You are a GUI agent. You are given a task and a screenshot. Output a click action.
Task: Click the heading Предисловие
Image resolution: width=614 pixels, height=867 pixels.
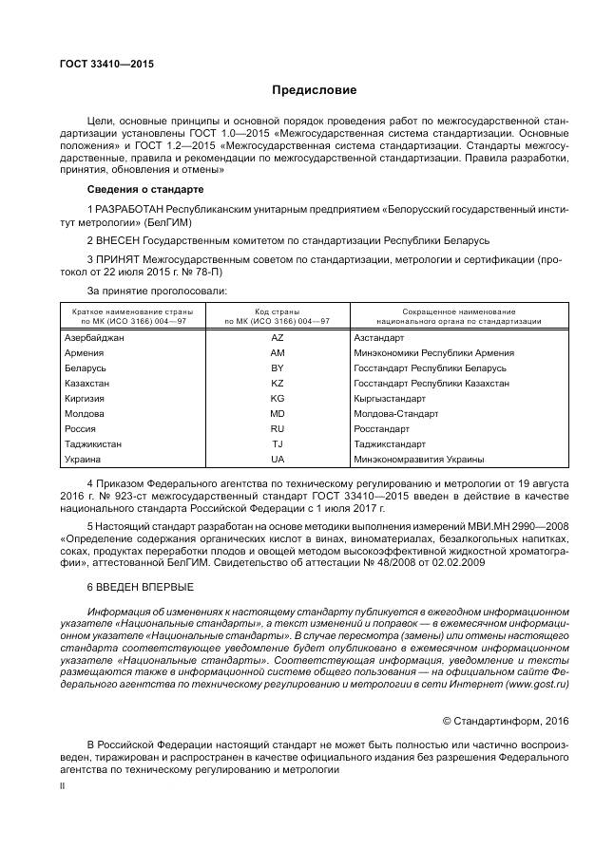(x=314, y=91)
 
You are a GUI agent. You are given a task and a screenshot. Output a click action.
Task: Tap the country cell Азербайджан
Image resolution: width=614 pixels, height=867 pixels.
(x=93, y=338)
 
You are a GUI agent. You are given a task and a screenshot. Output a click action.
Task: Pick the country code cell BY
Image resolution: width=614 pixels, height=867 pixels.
(x=278, y=368)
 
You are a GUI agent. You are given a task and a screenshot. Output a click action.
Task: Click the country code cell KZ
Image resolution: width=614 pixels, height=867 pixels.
(x=278, y=383)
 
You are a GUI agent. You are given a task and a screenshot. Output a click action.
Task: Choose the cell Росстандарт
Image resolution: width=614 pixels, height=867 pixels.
(x=382, y=428)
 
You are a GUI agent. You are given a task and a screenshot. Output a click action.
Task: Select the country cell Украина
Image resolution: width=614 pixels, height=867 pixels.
(x=82, y=459)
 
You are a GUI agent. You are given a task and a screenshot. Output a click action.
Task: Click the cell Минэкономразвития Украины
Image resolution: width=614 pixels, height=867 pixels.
(x=418, y=459)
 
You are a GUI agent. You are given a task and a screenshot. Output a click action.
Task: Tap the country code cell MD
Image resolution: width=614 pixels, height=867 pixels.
(x=278, y=413)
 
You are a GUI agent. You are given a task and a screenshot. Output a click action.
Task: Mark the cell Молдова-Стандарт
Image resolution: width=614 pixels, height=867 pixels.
(x=395, y=413)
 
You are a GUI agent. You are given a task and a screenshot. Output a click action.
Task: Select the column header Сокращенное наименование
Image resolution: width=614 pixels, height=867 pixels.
(x=459, y=311)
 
